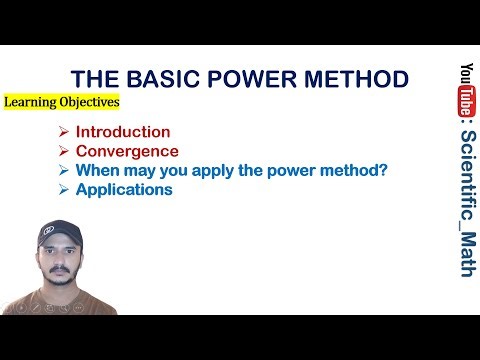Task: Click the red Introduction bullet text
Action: [123, 132]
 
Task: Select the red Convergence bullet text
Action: [127, 151]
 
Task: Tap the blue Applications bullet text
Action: [124, 189]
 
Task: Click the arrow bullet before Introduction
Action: [63, 132]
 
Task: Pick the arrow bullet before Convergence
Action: [63, 151]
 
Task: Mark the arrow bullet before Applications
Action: [63, 189]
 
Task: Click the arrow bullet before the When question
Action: [63, 170]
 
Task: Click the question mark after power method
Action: [383, 170]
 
